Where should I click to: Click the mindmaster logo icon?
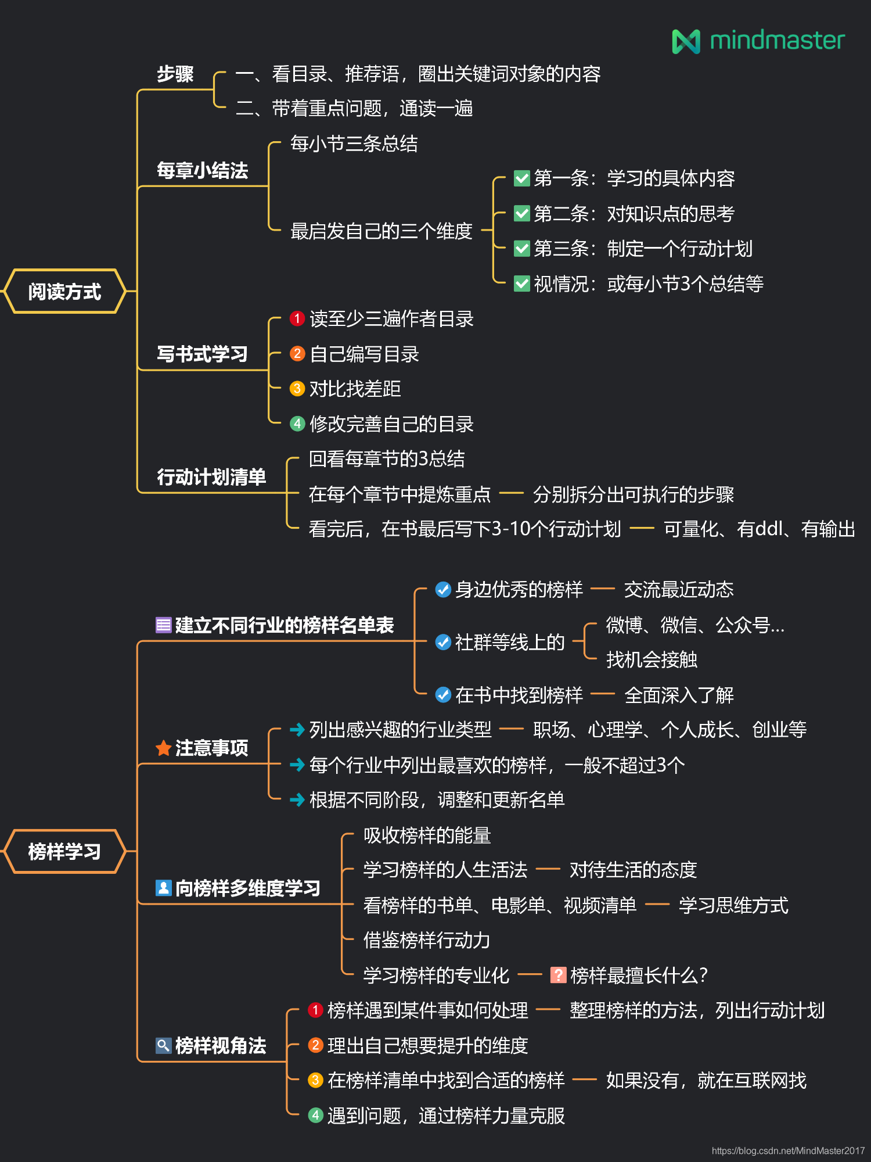686,41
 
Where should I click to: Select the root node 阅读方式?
64,291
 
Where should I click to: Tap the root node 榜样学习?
64,852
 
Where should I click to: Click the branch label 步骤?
175,74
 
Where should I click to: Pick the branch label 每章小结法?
202,171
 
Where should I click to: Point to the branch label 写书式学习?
202,354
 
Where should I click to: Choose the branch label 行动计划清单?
211,477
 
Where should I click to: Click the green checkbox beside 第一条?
522,178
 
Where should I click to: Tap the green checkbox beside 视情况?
522,284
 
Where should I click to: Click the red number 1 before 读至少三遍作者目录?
297,318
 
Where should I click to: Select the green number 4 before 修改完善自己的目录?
297,424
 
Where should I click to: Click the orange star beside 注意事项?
164,748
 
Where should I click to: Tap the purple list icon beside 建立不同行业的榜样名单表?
164,625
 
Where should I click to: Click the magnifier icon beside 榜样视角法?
164,1045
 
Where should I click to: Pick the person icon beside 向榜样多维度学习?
164,888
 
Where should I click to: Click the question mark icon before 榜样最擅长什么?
558,975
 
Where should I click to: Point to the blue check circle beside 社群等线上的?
443,642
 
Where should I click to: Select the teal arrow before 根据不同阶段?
297,800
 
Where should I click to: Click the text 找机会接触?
652,660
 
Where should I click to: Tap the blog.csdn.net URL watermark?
788,1150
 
